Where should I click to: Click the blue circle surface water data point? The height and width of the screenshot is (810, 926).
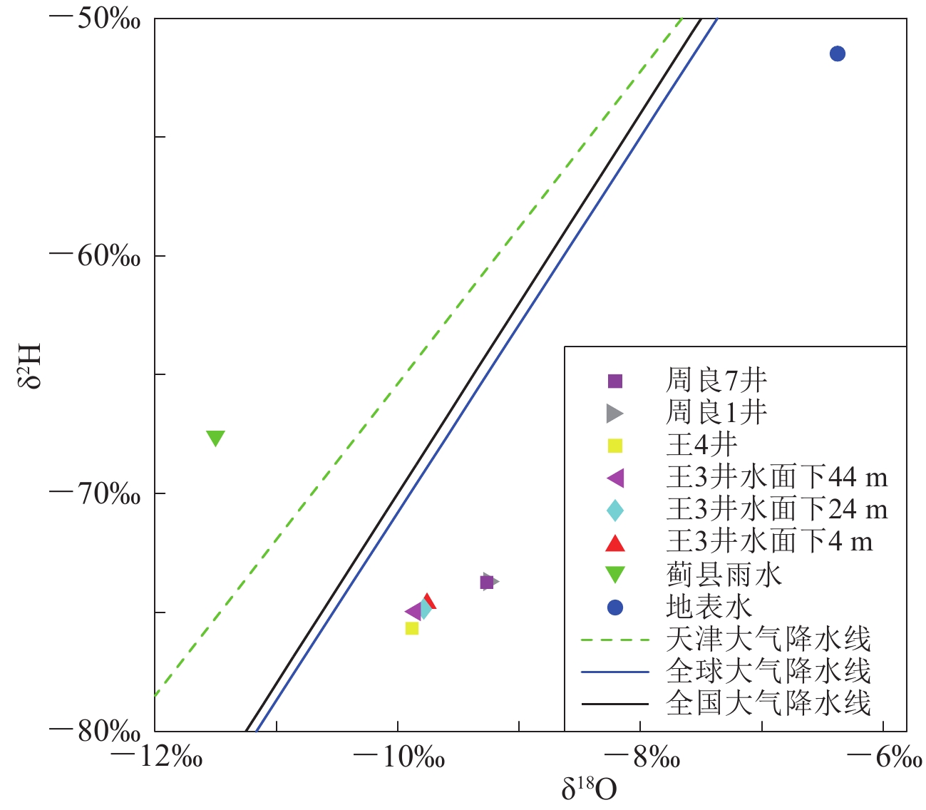(838, 53)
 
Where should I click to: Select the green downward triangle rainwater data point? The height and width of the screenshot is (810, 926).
(215, 438)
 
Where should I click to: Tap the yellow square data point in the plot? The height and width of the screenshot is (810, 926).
(412, 628)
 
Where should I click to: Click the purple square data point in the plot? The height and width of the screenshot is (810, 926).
(487, 583)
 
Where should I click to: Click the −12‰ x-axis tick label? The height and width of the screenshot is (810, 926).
(158, 758)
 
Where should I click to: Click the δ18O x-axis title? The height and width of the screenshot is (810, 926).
(589, 789)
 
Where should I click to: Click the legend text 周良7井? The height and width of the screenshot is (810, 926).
(716, 381)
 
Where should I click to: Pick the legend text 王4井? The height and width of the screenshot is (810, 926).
(701, 446)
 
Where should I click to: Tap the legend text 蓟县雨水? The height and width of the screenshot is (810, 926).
(724, 575)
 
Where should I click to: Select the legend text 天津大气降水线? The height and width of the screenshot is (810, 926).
(768, 639)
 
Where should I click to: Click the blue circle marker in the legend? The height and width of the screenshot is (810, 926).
(614, 607)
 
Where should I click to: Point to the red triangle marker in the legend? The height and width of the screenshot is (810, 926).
(614, 543)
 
